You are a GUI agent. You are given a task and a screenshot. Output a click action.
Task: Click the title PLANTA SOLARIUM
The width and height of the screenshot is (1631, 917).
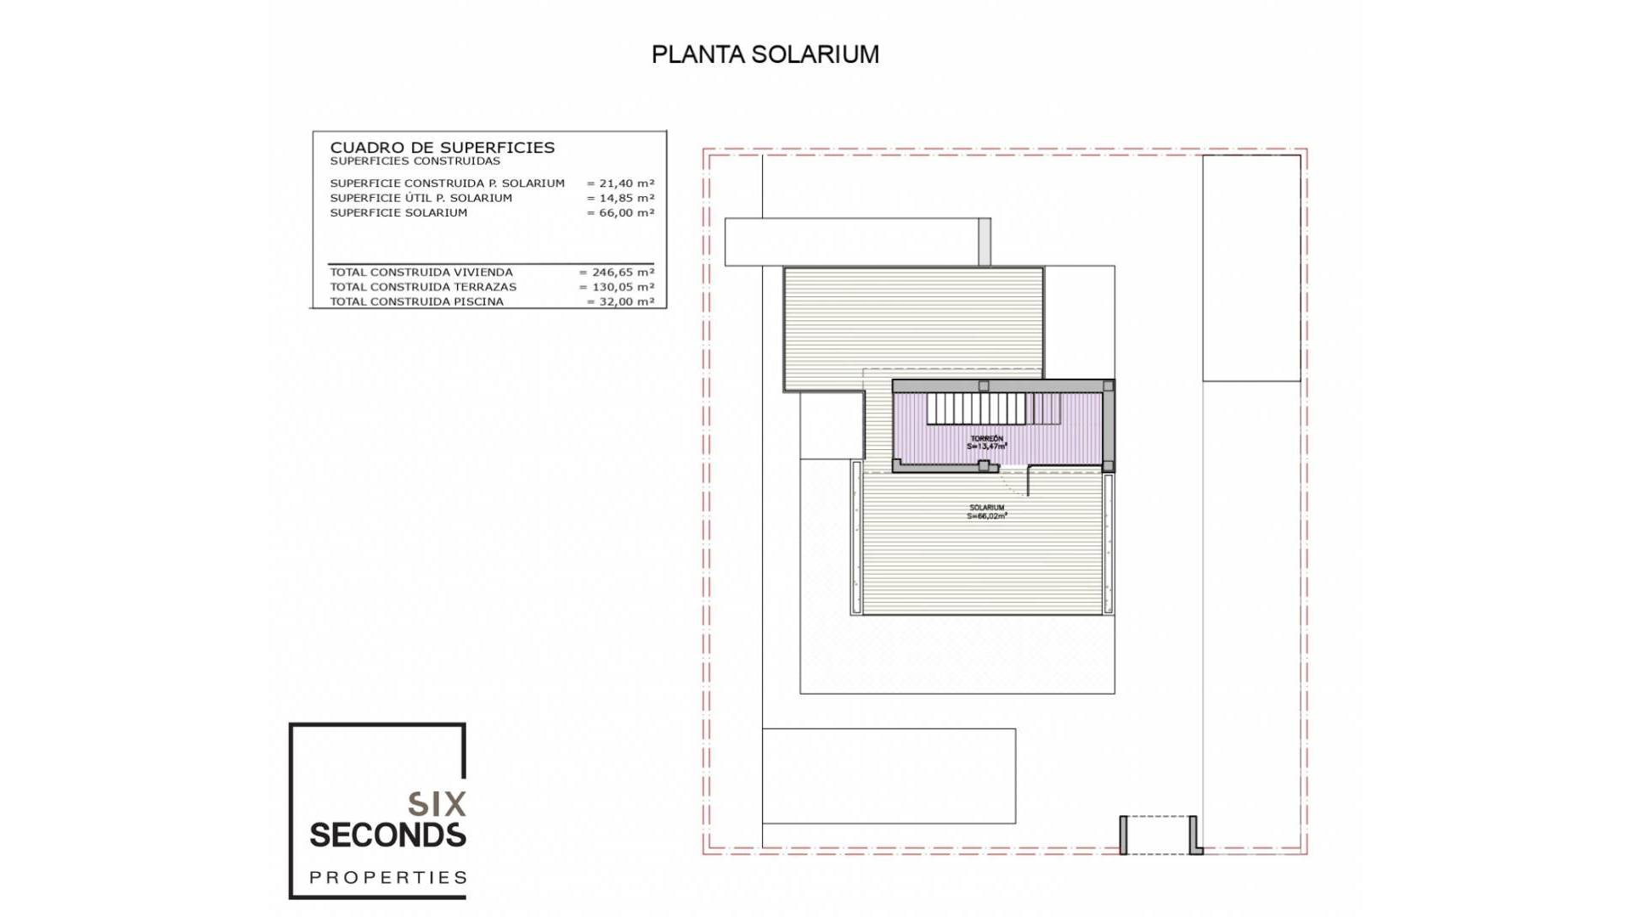(765, 54)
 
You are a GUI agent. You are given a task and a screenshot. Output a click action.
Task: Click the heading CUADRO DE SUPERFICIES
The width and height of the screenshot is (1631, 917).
(442, 148)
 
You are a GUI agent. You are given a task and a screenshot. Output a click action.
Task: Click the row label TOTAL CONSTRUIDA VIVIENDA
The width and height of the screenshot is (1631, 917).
(421, 273)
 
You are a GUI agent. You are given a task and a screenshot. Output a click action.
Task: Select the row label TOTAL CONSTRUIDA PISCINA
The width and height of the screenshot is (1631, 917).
(416, 301)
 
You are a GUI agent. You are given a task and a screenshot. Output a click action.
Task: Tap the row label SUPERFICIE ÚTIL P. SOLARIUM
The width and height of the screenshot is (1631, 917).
(420, 198)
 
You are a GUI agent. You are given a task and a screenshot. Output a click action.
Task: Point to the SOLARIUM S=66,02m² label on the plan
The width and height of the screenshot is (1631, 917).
(986, 511)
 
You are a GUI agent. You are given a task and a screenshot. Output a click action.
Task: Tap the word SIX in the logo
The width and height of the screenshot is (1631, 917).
(437, 804)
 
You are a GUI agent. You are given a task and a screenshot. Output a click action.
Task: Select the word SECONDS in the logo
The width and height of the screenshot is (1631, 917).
(387, 835)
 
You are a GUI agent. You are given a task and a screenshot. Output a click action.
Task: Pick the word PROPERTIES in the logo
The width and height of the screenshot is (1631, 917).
(387, 877)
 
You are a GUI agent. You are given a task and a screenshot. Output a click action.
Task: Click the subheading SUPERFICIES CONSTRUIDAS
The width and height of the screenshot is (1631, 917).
(415, 161)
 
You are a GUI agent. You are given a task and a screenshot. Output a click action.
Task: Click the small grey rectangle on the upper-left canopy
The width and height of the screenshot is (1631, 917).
(985, 242)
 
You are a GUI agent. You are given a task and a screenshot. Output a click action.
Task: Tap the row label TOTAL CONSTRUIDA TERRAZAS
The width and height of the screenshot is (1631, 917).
(423, 287)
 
